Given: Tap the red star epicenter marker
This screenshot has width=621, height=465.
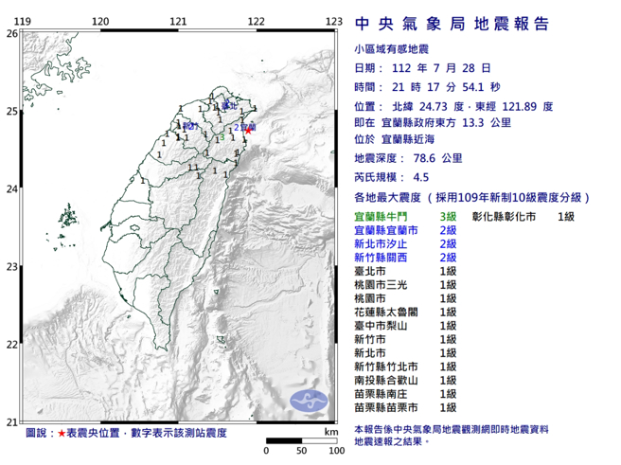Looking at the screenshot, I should tap(248, 129).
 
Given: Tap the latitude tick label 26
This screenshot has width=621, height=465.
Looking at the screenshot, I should tap(11, 33).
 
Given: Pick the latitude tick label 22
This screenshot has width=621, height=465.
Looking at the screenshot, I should tap(11, 344).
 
